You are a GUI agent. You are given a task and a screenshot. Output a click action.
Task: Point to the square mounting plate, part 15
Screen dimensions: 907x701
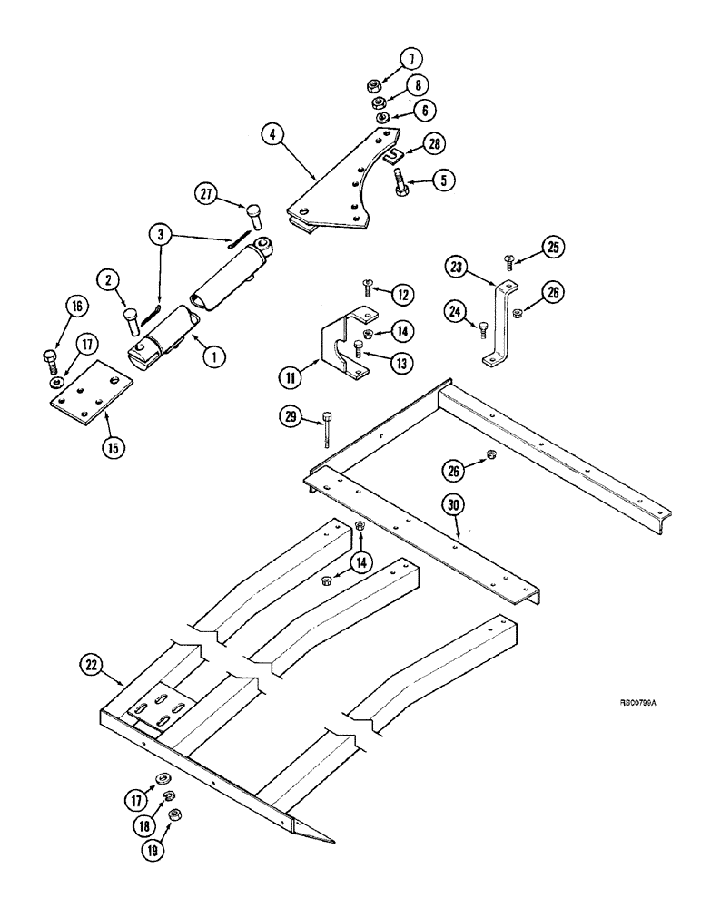click(x=84, y=396)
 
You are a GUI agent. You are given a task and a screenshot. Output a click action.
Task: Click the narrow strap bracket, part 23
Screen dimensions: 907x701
click(x=497, y=322)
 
